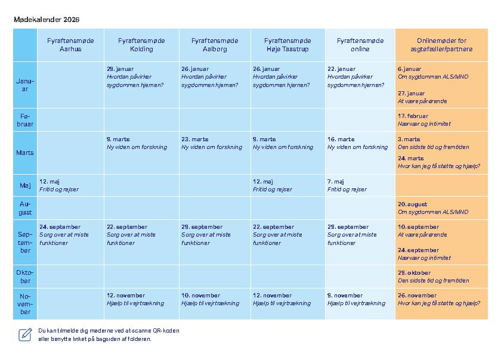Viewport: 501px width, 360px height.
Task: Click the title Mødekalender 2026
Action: click(x=47, y=20)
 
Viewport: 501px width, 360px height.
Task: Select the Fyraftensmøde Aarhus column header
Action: click(x=70, y=45)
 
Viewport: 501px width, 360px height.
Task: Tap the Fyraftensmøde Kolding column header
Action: click(x=141, y=45)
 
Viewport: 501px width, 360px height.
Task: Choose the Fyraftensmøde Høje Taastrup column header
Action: click(x=287, y=45)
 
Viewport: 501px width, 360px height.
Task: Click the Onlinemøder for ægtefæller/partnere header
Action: click(x=441, y=45)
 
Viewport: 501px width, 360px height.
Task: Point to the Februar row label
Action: click(x=25, y=120)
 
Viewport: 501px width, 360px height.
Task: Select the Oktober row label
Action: click(x=25, y=277)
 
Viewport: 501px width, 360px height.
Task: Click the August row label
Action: click(x=25, y=208)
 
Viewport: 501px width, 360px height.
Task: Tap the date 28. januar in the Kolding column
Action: click(x=120, y=69)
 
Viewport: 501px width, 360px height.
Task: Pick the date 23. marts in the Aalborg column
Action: click(x=195, y=139)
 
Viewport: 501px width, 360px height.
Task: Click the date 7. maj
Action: click(x=336, y=181)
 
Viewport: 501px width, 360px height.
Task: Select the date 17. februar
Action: click(x=413, y=116)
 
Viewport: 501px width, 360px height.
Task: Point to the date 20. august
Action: click(x=412, y=204)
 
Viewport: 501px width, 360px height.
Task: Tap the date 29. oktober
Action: click(x=414, y=273)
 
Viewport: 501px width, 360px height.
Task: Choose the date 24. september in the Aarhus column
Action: click(x=60, y=227)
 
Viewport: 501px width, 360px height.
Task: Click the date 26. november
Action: click(x=417, y=296)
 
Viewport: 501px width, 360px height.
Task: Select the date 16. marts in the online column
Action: click(x=341, y=139)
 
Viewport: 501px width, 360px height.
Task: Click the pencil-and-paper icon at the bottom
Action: click(x=25, y=334)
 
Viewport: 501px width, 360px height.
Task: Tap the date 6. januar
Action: click(x=409, y=69)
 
